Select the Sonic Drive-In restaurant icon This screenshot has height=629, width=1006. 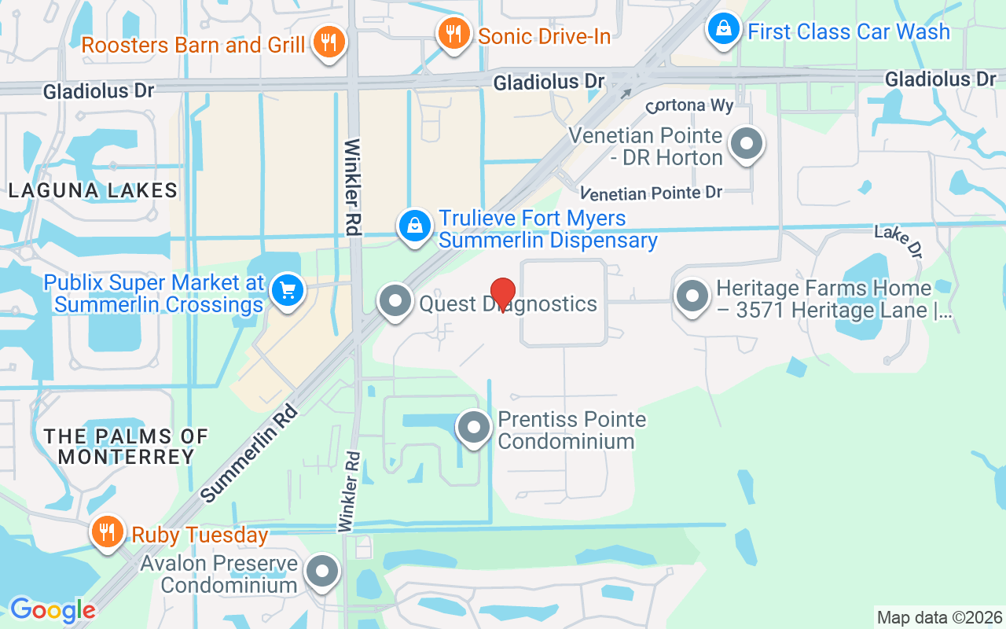tap(453, 34)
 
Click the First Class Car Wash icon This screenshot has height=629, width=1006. tap(723, 31)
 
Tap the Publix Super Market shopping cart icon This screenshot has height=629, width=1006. tap(287, 292)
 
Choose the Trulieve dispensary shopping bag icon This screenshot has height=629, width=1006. tap(415, 227)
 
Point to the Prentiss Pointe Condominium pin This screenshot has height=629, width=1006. tap(473, 429)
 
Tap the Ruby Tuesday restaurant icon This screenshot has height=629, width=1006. tap(108, 533)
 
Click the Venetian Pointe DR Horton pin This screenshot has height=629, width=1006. tap(746, 145)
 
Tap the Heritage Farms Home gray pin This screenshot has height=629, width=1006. tap(692, 297)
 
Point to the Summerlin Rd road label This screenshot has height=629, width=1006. tap(250, 453)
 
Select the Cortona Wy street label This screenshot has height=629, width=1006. tap(689, 106)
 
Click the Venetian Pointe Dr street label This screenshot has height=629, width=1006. tap(651, 193)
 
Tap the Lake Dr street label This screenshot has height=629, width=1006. tap(898, 241)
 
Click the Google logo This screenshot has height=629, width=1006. tap(52, 610)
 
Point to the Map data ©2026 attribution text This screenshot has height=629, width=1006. tap(939, 618)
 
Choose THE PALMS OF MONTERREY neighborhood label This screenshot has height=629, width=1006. tap(126, 446)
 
